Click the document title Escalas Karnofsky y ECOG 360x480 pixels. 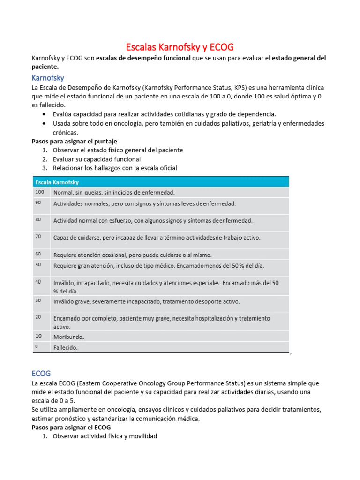click(180, 47)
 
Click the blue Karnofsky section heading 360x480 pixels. click(47, 77)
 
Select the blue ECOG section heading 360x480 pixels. click(41, 373)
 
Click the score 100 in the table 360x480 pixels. click(39, 192)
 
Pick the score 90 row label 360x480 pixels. click(38, 202)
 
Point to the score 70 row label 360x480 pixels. click(38, 236)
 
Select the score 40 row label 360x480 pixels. click(38, 282)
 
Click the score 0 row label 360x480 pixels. click(37, 346)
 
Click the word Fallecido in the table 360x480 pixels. click(66, 348)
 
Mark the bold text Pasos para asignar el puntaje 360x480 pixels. click(74, 141)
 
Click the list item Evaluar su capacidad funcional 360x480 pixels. click(97, 159)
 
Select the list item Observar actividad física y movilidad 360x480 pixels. click(105, 436)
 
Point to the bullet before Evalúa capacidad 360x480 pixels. click(44, 114)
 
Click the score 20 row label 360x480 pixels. click(38, 317)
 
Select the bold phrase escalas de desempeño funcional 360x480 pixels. click(143, 58)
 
